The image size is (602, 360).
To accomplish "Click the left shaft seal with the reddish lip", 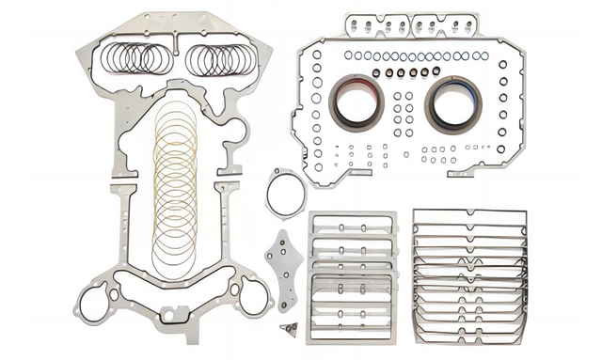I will click(356, 102).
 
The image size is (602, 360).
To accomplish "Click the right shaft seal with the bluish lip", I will click(453, 102).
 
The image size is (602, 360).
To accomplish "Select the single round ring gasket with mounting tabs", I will click(285, 193).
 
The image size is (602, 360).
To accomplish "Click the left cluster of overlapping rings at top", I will click(139, 59).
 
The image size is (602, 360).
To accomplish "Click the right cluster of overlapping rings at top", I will click(220, 60).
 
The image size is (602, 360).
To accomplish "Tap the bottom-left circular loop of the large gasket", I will click(94, 304).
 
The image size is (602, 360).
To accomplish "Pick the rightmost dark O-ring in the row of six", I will click(436, 70).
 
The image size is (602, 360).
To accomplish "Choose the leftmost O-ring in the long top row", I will click(348, 55).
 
